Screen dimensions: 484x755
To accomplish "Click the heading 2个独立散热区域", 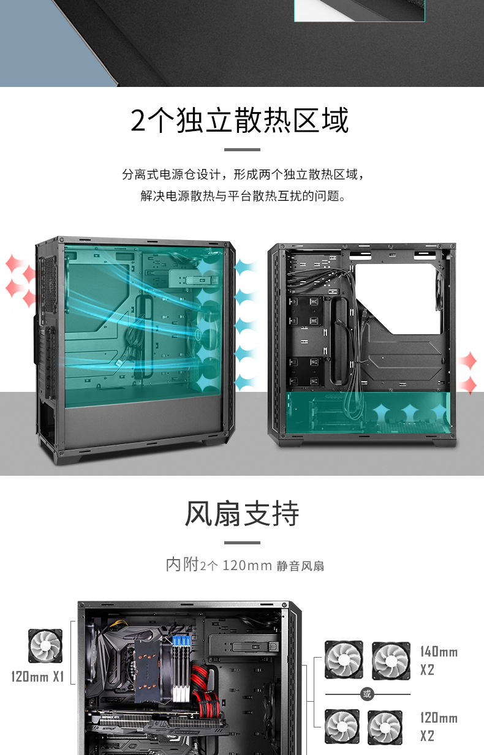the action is click(x=240, y=121).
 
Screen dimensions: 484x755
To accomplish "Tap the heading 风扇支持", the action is click(x=242, y=513).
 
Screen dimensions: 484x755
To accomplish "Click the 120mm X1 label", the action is click(x=37, y=677).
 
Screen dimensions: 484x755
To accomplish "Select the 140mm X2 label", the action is click(x=439, y=661).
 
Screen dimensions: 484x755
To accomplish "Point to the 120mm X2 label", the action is click(x=439, y=727).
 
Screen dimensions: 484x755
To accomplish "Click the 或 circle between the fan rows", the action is click(x=367, y=694).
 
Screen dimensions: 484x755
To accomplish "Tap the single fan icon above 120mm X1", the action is click(x=45, y=646).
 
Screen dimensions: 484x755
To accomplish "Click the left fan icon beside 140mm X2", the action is click(x=344, y=660).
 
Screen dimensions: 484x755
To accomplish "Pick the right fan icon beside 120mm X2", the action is click(x=385, y=727).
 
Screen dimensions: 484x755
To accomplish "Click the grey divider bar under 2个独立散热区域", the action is click(x=242, y=149).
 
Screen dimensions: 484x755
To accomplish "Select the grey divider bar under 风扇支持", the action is click(x=242, y=543).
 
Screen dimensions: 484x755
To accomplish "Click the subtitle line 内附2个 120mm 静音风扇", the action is click(x=245, y=565).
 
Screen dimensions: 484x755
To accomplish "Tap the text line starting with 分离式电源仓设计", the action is click(x=243, y=175).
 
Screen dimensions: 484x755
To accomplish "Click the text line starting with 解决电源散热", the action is click(x=243, y=196).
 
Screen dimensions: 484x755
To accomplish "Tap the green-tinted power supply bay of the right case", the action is click(x=368, y=412).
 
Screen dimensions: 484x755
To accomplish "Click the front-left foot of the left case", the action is click(x=69, y=459).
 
